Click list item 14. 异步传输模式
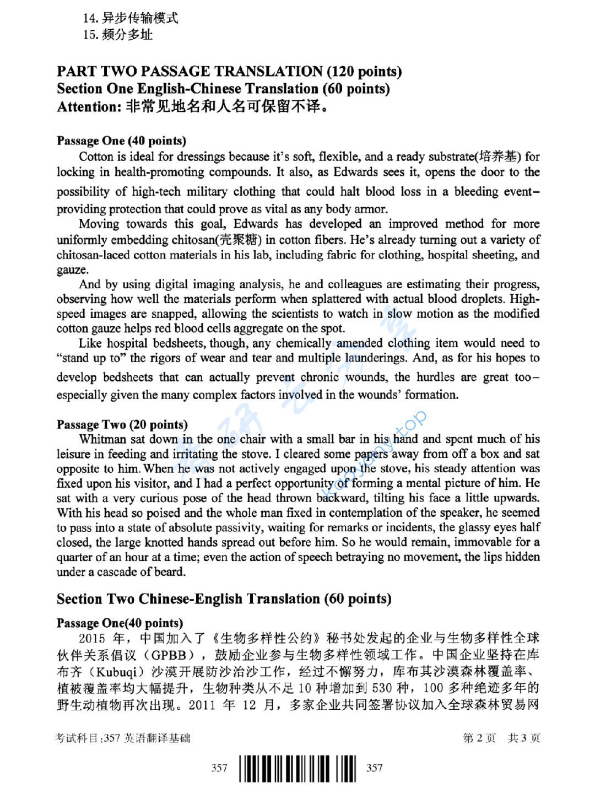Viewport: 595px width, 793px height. pyautogui.click(x=131, y=18)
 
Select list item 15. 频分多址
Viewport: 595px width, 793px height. pyautogui.click(x=118, y=35)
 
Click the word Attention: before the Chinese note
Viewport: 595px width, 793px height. pyautogui.click(x=89, y=106)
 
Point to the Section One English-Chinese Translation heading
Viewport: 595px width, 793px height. pyautogui.click(x=223, y=89)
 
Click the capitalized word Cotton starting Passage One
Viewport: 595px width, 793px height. pyautogui.click(x=95, y=157)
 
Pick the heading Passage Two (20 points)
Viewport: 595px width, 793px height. pyautogui.click(x=122, y=424)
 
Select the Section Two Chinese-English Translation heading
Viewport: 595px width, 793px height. pyautogui.click(x=224, y=599)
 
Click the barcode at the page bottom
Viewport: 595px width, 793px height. pyautogui.click(x=297, y=768)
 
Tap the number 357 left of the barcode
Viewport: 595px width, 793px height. pyautogui.click(x=219, y=768)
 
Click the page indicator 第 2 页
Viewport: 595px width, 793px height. pyautogui.click(x=479, y=738)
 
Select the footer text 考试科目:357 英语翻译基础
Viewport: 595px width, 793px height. pyautogui.click(x=123, y=738)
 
